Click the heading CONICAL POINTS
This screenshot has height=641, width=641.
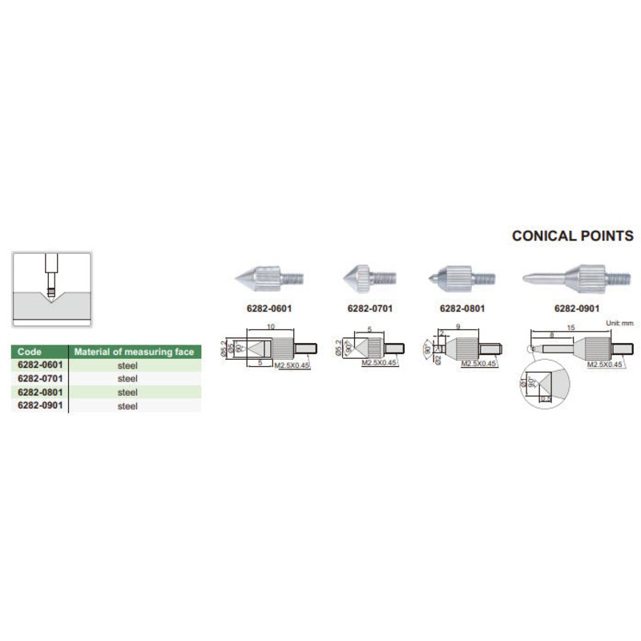click(x=572, y=236)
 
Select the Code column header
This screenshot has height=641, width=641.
click(x=30, y=352)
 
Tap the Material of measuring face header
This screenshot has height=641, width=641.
click(x=134, y=352)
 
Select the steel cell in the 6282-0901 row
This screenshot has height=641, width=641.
click(x=128, y=406)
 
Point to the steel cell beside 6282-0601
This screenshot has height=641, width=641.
click(x=128, y=365)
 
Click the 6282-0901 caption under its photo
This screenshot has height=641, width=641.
click(x=575, y=307)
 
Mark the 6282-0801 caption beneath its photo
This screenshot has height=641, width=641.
click(x=461, y=307)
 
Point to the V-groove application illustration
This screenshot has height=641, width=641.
click(x=52, y=289)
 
